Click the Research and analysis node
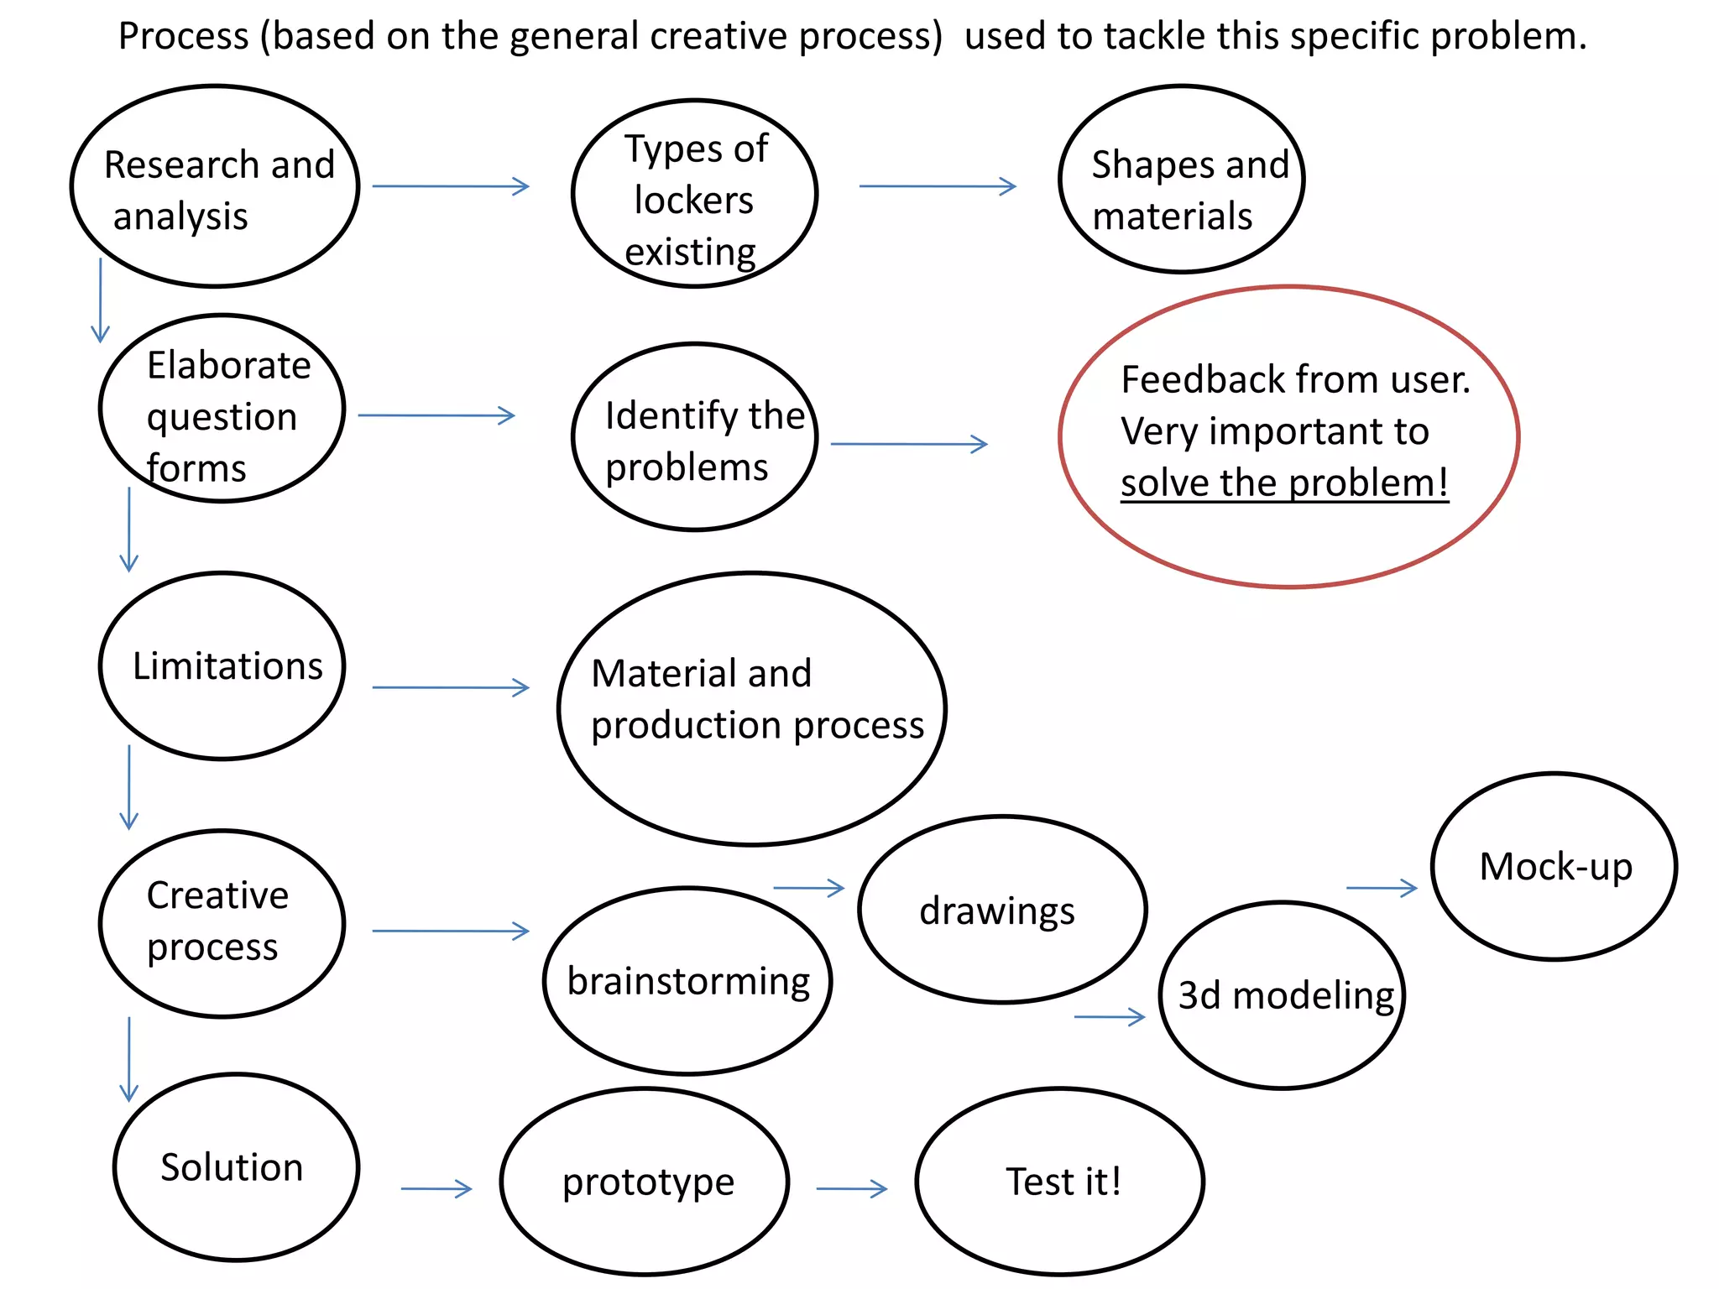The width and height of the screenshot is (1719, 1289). [215, 186]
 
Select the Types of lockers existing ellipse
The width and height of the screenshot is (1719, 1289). [694, 194]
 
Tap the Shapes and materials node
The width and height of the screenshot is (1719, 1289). [1181, 179]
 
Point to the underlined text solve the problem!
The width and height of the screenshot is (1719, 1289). [1284, 483]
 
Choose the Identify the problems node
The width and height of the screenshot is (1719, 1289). [694, 437]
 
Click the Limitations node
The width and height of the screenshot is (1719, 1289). [222, 666]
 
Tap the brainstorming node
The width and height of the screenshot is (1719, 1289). [687, 981]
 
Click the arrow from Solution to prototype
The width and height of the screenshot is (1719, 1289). [436, 1188]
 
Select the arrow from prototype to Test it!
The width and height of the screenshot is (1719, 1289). [851, 1188]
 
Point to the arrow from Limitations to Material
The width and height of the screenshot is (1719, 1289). [451, 687]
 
